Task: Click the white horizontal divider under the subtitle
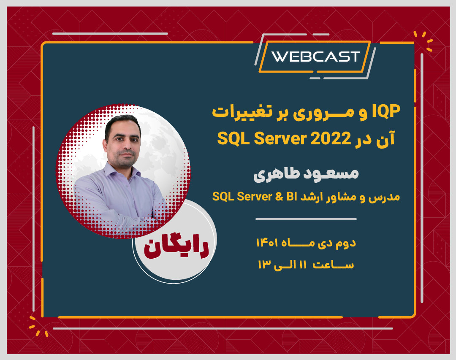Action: click(x=306, y=219)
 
